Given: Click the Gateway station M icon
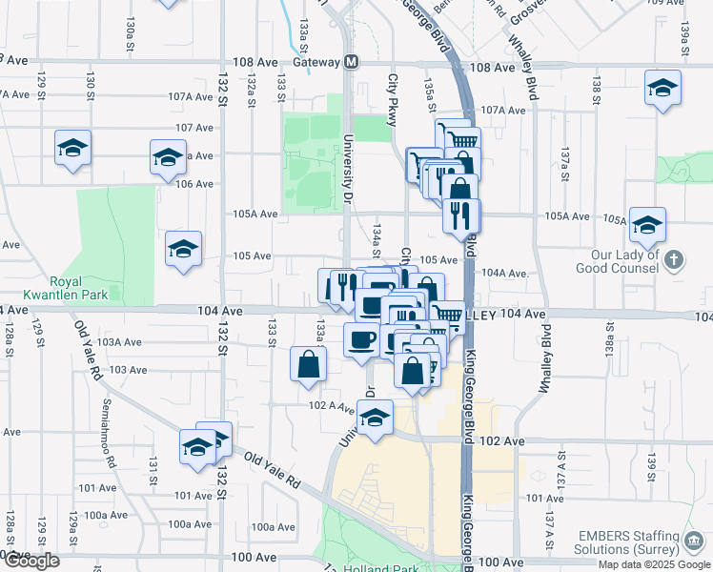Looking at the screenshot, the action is [x=352, y=62].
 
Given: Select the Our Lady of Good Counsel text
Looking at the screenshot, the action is [x=625, y=261].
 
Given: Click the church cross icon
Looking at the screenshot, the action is [x=674, y=259].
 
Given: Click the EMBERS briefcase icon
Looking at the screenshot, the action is [x=695, y=541].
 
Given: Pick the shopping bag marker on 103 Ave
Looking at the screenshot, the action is [x=309, y=364].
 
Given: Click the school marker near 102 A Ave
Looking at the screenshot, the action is [x=376, y=418].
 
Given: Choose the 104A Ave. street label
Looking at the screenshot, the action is [x=505, y=273].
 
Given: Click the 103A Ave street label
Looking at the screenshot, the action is [x=119, y=341].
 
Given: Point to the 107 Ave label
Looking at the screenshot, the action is [x=194, y=127].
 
